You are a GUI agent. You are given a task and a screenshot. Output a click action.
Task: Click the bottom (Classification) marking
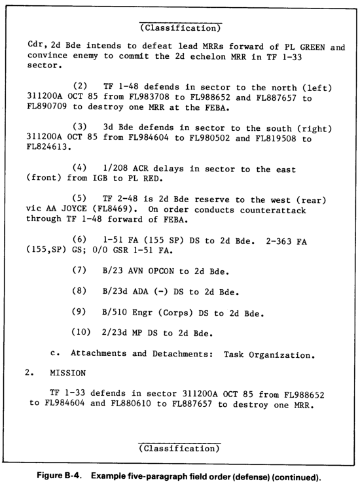click(179, 447)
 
